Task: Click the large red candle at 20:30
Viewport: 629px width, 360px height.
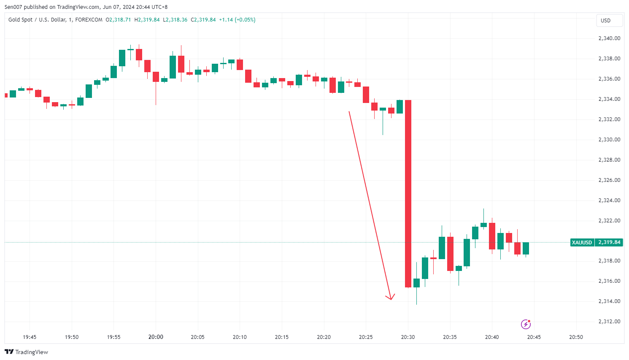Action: coord(408,193)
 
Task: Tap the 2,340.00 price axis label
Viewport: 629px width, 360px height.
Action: coord(609,38)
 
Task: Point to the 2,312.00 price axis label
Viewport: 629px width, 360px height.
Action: coord(609,322)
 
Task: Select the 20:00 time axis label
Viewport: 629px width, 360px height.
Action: coord(156,337)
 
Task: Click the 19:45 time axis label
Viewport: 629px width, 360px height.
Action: coord(30,337)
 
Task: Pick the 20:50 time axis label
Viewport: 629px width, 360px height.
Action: coord(576,337)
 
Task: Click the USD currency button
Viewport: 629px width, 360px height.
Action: coord(606,20)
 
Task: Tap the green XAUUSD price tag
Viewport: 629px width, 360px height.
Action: coord(582,243)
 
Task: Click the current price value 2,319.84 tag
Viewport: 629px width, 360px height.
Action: coord(609,243)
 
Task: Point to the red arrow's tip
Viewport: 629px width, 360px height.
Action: coord(391,299)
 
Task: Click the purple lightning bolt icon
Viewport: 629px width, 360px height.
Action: coord(526,324)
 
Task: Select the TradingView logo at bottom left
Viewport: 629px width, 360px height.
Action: coord(26,352)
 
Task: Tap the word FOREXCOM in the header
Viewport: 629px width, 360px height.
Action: coord(89,20)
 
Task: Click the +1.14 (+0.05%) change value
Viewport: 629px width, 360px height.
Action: coord(237,20)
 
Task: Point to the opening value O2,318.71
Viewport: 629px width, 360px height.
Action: coord(119,20)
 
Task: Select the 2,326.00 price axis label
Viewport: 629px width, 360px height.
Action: coord(609,180)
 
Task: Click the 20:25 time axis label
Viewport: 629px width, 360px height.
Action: coord(366,337)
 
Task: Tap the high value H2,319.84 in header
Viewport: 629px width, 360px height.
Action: coord(147,20)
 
